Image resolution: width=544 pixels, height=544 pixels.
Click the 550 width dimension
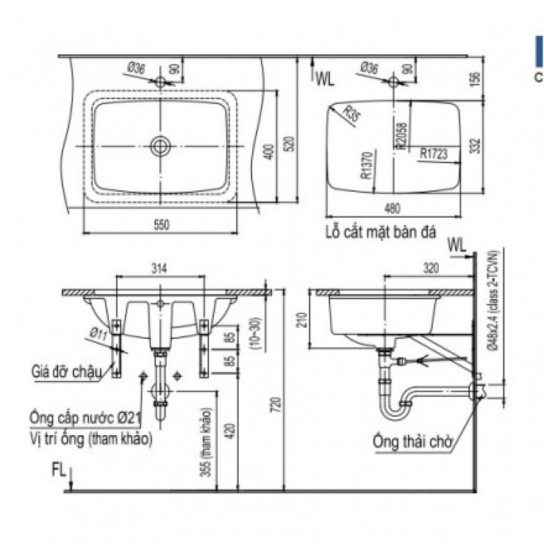(161, 226)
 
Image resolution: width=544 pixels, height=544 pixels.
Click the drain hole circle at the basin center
(160, 146)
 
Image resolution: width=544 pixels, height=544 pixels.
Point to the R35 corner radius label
(340, 113)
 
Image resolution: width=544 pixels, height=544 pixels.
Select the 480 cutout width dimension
(393, 207)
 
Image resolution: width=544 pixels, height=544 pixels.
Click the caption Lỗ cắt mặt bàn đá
(380, 232)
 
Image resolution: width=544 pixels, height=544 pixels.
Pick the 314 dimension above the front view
(160, 269)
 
